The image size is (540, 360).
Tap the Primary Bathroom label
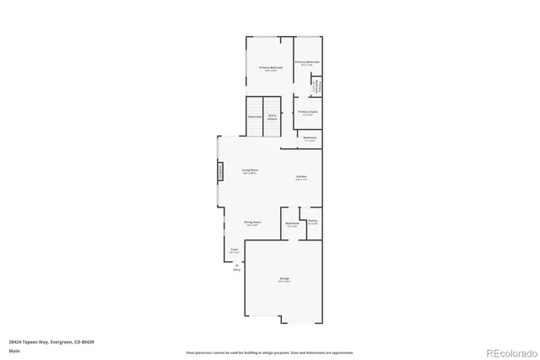307,63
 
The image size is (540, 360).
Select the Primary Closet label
308,112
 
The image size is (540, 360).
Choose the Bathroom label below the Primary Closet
310,138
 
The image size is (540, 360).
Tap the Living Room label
250,171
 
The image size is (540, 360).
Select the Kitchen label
301,177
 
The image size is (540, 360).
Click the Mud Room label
292,224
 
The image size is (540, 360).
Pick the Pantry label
312,222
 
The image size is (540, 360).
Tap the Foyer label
235,250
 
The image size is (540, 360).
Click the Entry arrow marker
236,266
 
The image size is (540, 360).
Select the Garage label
284,279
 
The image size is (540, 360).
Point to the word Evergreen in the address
59,341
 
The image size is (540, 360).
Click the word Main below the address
14,351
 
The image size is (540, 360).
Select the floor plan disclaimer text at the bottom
270,352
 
